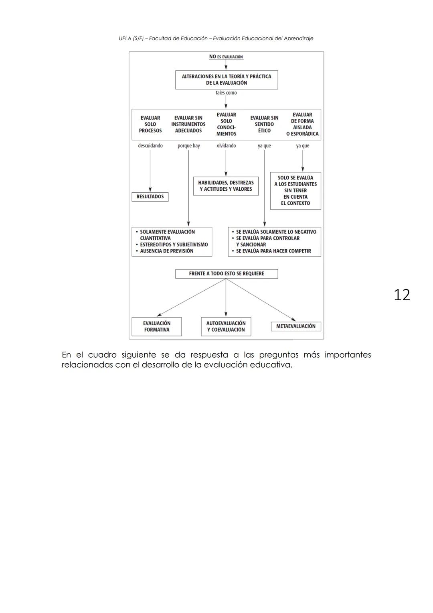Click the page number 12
coord(402,295)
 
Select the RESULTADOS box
coord(150,197)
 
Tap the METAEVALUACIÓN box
coord(296,326)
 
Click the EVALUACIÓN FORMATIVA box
coord(157,326)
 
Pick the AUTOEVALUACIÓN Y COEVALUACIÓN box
coord(226,326)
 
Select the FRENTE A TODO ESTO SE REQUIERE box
coord(227,274)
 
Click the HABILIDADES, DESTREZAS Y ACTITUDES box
coord(226,186)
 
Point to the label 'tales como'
coord(226,93)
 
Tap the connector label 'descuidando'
coord(150,146)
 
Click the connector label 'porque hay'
coord(188,146)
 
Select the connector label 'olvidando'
coord(226,146)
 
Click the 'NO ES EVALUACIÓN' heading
coord(226,57)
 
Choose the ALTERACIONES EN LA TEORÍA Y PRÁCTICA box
coord(227,80)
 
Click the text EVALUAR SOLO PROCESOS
coord(150,124)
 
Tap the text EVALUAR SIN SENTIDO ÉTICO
coord(264,124)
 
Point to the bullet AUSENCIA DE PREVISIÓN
coord(167,251)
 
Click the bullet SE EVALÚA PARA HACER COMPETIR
coord(273,251)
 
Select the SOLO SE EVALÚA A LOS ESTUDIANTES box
coord(295,191)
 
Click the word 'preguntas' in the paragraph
coord(279,355)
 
